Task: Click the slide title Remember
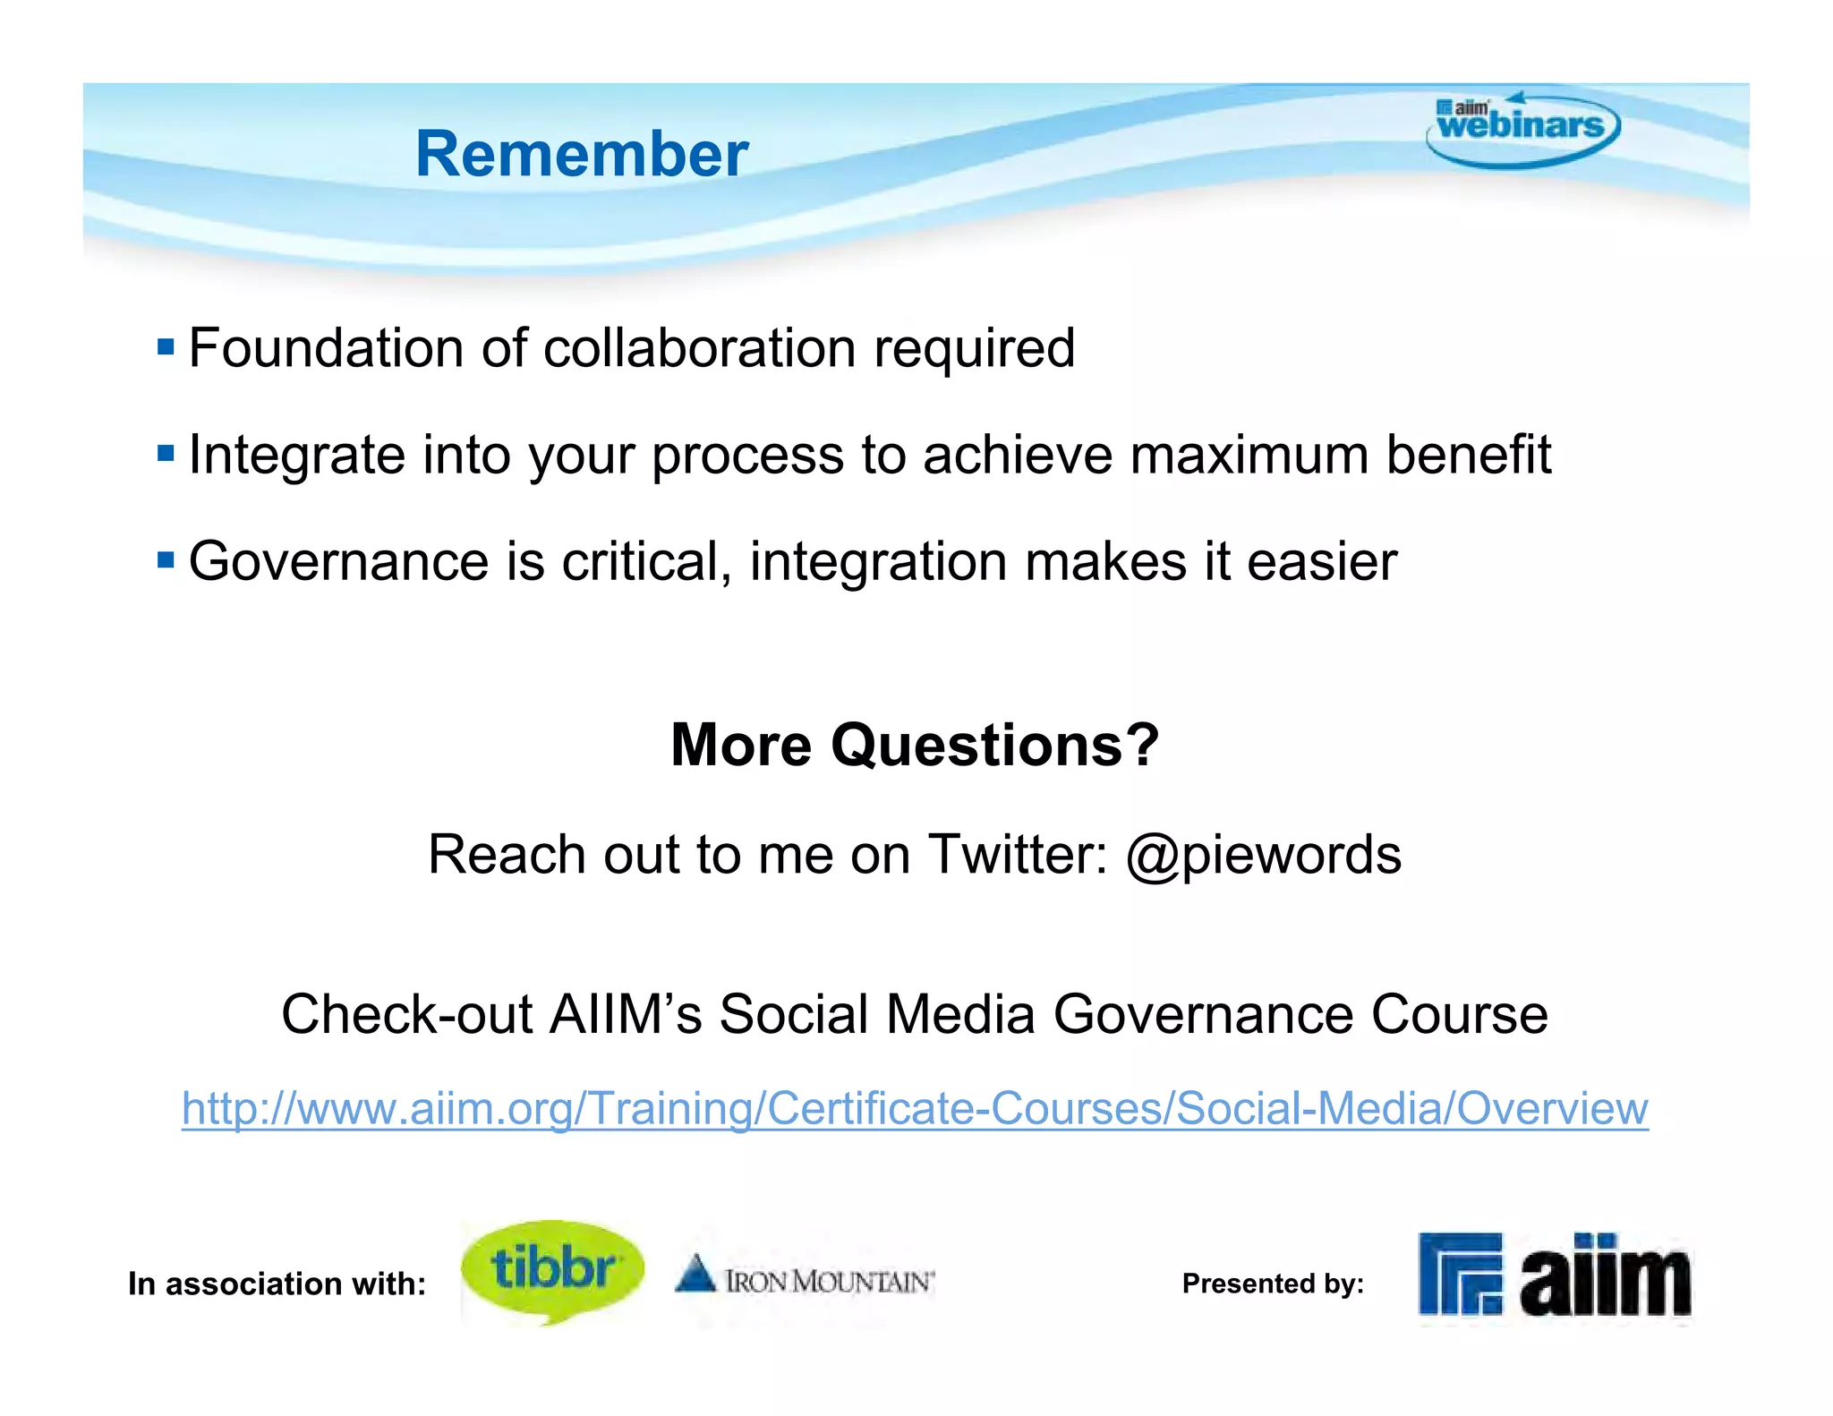coord(582,154)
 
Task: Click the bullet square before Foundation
coord(166,346)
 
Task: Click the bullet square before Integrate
coord(166,453)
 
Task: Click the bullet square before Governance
coord(166,560)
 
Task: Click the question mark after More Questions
coord(1141,745)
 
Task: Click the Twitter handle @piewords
coord(1263,855)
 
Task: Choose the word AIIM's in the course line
coord(625,1014)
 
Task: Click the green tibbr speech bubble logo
coord(552,1269)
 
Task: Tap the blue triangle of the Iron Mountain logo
coord(695,1274)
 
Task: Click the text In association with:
coord(277,1284)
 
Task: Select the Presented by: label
coord(1273,1284)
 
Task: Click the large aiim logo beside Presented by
coord(1555,1276)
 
